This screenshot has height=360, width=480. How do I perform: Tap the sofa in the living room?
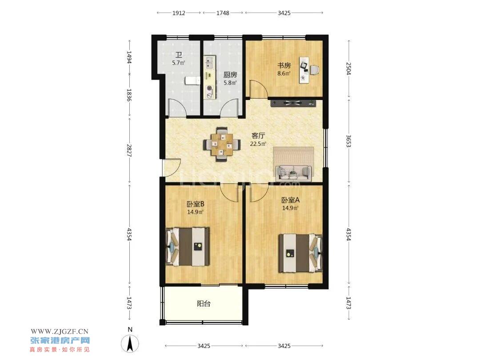[x=294, y=173]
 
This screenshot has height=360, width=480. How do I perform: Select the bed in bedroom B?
[x=188, y=246]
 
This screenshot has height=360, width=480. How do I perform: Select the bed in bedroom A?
[x=300, y=253]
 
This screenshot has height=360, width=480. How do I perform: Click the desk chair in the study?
[x=315, y=70]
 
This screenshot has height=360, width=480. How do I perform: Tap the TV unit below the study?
[x=293, y=103]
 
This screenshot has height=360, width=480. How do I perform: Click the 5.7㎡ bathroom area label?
[x=179, y=63]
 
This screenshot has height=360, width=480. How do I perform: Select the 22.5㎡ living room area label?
[x=258, y=144]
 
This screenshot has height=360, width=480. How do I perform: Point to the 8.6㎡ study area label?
[x=284, y=73]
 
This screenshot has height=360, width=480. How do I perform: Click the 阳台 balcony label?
[x=204, y=304]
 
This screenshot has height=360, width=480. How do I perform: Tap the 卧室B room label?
[x=195, y=204]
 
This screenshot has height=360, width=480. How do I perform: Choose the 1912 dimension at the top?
[x=179, y=13]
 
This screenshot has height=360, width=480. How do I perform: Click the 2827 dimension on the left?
[x=129, y=151]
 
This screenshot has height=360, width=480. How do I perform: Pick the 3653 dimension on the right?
[x=348, y=141]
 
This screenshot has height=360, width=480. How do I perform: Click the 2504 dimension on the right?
[x=348, y=68]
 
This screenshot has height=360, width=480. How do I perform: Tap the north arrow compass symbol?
[x=130, y=343]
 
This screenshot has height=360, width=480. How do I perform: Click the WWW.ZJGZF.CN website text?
[x=60, y=332]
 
